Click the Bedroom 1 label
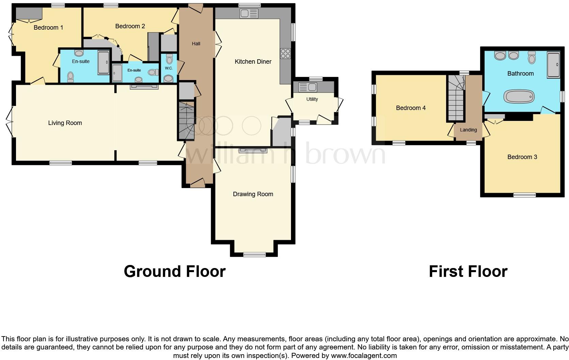(x=48, y=28)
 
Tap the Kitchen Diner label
(x=253, y=62)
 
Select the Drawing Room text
(x=253, y=194)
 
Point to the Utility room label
(x=312, y=99)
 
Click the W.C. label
(x=169, y=68)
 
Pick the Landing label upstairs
(x=468, y=130)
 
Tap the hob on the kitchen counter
(x=285, y=54)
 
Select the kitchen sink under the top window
(x=249, y=14)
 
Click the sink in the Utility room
(x=308, y=87)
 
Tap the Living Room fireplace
(x=144, y=87)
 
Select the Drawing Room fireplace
(x=253, y=150)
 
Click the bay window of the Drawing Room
(x=254, y=254)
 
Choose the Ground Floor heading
(x=175, y=271)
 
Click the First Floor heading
(x=468, y=271)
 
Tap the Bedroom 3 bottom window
(x=524, y=195)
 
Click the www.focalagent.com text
(x=363, y=356)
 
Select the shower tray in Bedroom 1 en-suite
(x=103, y=62)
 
